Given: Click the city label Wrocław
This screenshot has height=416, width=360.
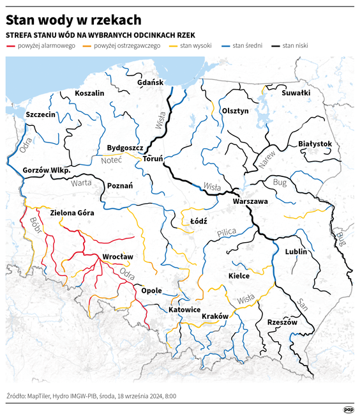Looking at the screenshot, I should [x=117, y=257].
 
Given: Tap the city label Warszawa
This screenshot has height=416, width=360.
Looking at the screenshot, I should [x=250, y=201].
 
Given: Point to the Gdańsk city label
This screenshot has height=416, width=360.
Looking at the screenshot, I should [x=151, y=82].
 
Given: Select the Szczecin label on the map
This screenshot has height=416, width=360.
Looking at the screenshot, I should [x=41, y=114].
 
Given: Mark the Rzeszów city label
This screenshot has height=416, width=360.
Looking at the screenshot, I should [x=282, y=322].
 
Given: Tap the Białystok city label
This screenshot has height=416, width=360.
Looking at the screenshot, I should [x=315, y=144].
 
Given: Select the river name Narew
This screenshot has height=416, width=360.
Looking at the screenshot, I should [x=269, y=158].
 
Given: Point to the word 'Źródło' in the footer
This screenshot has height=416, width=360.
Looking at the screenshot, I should [x=16, y=396].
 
